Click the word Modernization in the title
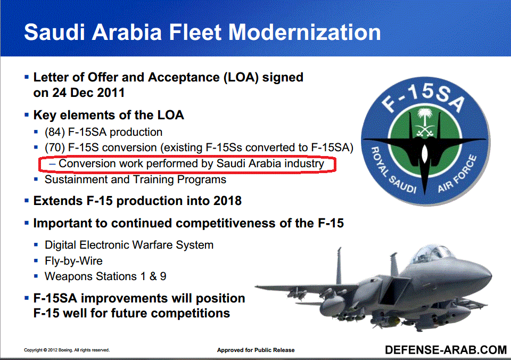[x=304, y=32]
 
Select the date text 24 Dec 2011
[x=88, y=93]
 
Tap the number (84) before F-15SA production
[x=55, y=132]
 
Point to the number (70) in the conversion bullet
[x=55, y=148]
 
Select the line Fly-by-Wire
[x=73, y=261]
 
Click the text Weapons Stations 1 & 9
[x=105, y=276]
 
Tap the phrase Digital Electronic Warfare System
[x=129, y=245]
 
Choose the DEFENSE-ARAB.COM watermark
[x=446, y=350]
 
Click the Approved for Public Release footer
[x=256, y=350]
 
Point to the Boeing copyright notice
[x=67, y=350]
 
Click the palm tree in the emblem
[x=425, y=117]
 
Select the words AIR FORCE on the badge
[x=457, y=174]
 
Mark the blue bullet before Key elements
[x=27, y=115]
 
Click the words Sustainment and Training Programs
[x=135, y=179]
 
